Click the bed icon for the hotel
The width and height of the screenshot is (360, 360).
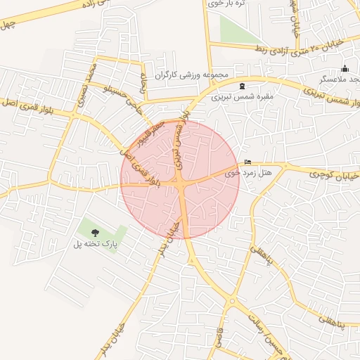pos(247,161)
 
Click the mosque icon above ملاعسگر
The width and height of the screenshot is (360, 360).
pos(345,69)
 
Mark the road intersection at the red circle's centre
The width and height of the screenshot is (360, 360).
pos(181,180)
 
